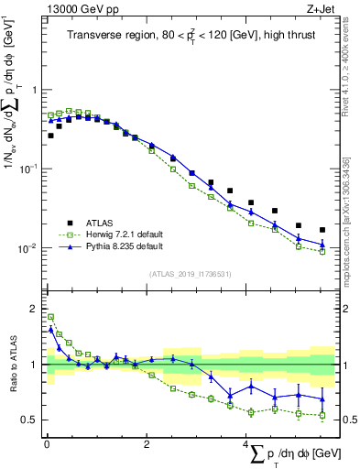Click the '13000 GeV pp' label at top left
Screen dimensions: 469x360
pyautogui.click(x=76, y=7)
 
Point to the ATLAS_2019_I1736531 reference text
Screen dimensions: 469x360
pyautogui.click(x=190, y=273)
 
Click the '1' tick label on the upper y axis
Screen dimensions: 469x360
pyautogui.click(x=35, y=90)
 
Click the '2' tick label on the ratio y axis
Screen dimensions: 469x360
pyautogui.click(x=35, y=308)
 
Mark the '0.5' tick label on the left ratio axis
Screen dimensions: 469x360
pyautogui.click(x=30, y=420)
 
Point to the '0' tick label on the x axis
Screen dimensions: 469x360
pyautogui.click(x=47, y=444)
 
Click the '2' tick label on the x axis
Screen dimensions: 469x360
pyautogui.click(x=147, y=444)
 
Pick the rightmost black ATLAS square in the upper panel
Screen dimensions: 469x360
pyautogui.click(x=322, y=230)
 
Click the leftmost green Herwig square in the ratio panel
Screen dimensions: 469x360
pyautogui.click(x=50, y=317)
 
